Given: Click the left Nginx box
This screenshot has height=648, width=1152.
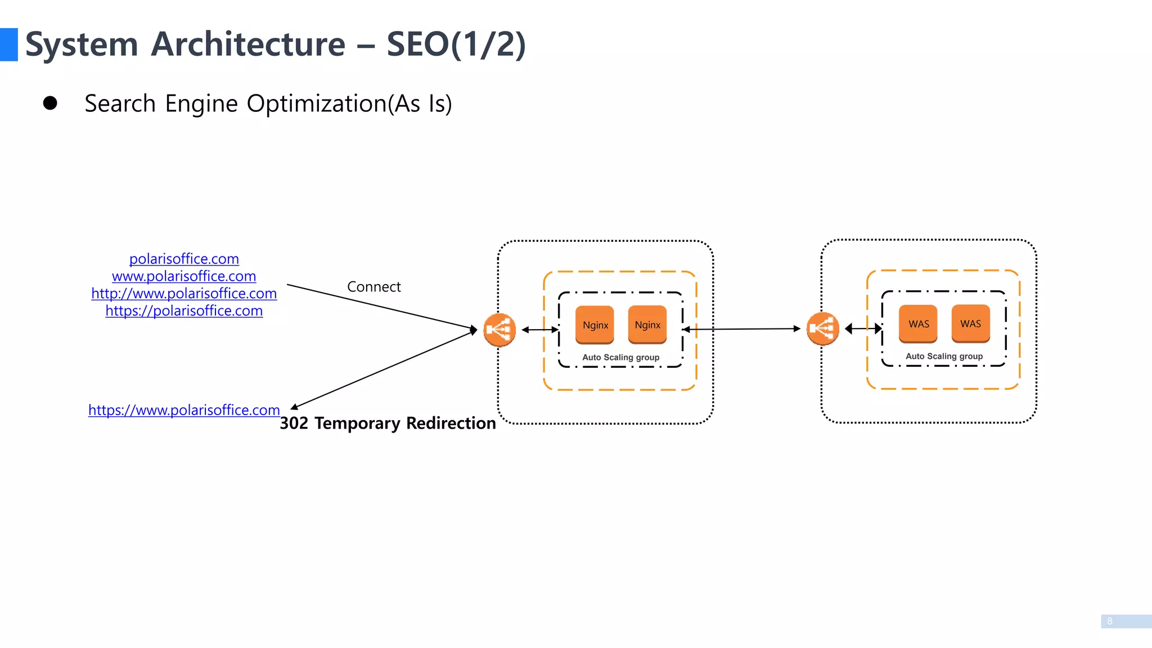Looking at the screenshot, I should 595,325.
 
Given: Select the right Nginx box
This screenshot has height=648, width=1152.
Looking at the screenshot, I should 647,325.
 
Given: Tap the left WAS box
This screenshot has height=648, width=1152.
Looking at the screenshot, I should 918,323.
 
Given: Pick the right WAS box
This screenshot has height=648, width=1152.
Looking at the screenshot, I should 970,323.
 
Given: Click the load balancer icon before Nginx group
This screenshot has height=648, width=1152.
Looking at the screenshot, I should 499,330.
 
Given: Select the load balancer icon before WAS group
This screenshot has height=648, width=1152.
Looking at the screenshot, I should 822,328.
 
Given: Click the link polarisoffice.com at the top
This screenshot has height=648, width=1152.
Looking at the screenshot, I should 184,259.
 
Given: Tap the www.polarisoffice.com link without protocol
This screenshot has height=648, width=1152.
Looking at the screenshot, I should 184,276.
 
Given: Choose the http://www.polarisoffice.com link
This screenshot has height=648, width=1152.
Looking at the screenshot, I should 184,294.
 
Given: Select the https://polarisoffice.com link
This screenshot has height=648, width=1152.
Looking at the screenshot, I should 184,311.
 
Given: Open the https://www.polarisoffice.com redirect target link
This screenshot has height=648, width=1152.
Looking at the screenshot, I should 184,410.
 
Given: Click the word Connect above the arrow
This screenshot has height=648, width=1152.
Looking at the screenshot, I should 373,287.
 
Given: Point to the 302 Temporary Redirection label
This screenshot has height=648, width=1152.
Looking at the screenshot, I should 388,423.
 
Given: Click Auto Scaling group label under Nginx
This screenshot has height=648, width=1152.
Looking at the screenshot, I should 620,357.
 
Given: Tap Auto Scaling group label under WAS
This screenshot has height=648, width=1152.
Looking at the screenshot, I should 944,356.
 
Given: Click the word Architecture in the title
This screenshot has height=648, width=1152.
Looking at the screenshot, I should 248,44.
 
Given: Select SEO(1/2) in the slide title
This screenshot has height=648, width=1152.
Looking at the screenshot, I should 456,44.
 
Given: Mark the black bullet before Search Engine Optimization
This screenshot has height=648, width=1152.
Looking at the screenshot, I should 50,103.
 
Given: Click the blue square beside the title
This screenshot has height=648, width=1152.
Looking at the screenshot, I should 8,44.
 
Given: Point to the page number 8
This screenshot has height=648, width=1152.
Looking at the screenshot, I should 1110,621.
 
